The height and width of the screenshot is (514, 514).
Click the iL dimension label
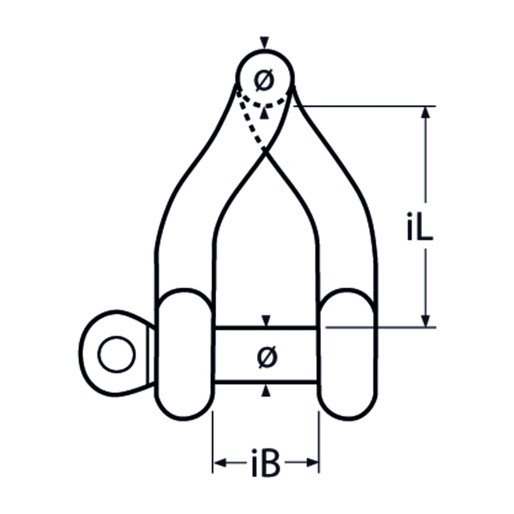(x=420, y=227)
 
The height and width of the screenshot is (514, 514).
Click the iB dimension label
(x=266, y=463)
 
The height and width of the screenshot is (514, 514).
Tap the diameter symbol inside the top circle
(x=264, y=80)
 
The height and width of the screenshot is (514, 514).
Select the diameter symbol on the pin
(x=267, y=357)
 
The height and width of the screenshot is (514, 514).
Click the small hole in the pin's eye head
(x=117, y=354)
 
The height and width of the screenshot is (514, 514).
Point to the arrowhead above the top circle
(x=264, y=42)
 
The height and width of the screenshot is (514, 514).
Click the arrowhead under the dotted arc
(x=264, y=113)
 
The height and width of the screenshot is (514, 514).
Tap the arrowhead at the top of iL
(x=426, y=113)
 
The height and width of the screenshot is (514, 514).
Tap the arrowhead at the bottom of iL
(x=426, y=321)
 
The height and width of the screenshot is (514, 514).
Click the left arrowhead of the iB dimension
(x=219, y=463)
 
